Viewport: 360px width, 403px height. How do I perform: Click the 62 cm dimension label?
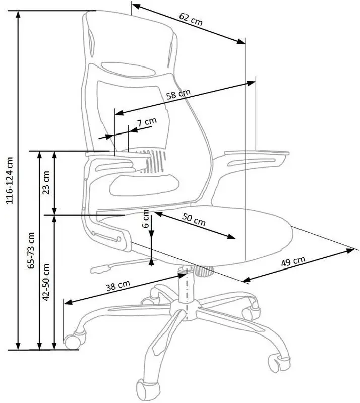(x=191, y=19)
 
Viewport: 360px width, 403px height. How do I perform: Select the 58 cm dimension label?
(x=178, y=94)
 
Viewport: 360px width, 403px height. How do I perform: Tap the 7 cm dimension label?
(x=146, y=122)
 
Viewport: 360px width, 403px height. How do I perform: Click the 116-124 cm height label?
(x=10, y=180)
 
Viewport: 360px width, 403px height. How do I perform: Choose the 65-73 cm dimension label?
(x=31, y=250)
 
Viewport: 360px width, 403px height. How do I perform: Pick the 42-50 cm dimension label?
(x=46, y=282)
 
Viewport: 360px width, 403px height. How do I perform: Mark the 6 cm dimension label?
(x=146, y=218)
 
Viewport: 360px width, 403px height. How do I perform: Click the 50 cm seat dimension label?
(x=194, y=219)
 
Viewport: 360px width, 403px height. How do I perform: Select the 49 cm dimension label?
(x=293, y=261)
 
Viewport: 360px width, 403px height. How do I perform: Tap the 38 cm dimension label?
(x=118, y=286)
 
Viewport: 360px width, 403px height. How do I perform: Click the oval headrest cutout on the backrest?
(x=128, y=69)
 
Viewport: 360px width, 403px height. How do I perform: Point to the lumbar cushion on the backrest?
(x=144, y=185)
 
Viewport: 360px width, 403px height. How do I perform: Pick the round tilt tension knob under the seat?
(x=204, y=271)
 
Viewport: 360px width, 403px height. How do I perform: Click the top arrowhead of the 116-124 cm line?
(x=18, y=15)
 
